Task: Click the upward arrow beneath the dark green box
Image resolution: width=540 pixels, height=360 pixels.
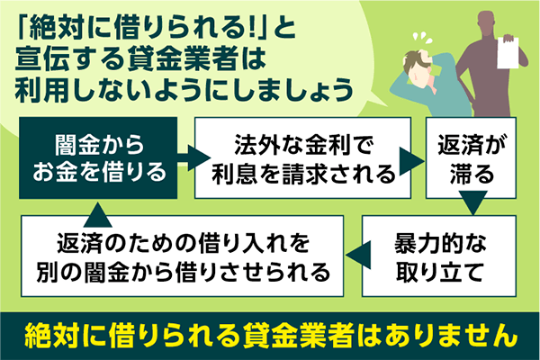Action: [x=98, y=207]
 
